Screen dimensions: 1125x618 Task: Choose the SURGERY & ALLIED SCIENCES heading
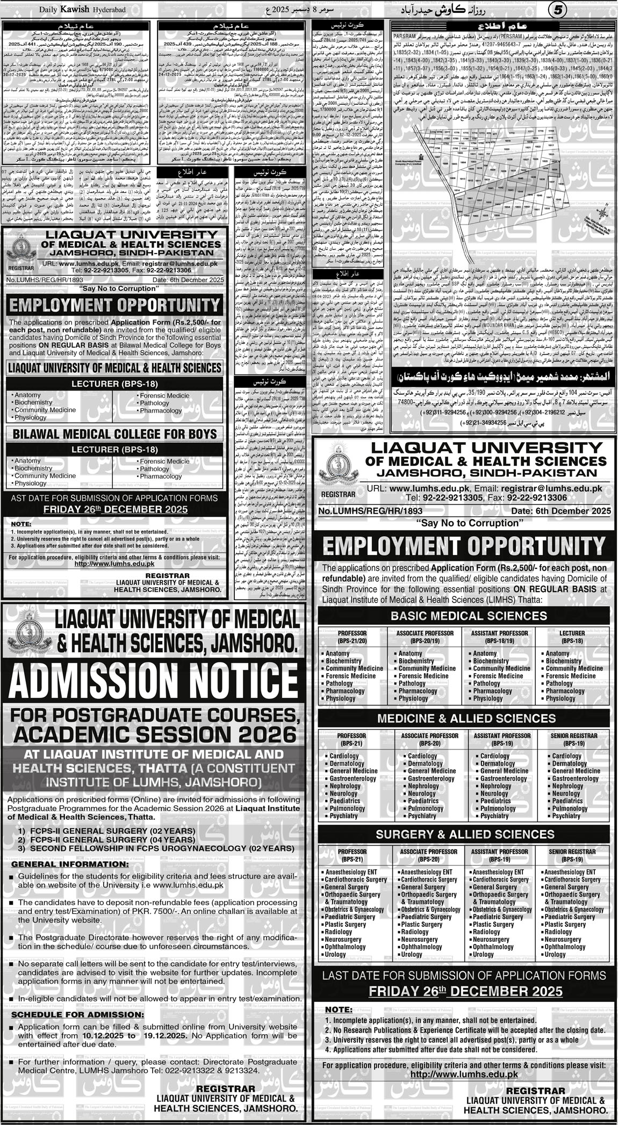tap(463, 834)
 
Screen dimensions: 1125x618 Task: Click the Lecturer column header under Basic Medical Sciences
tap(571, 637)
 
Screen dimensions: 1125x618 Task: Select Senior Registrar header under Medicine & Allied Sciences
tap(571, 739)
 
